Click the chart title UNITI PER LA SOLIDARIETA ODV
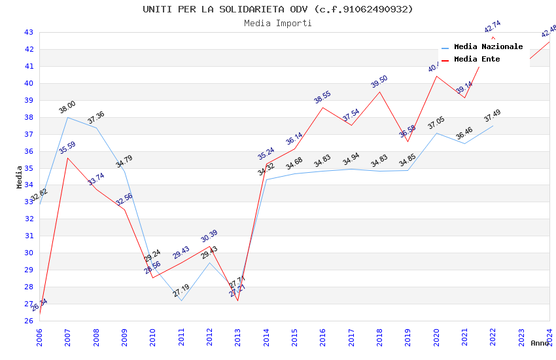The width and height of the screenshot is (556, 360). [x=278, y=9]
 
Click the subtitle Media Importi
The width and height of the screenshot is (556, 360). [x=278, y=24]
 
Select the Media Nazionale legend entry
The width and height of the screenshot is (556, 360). [x=488, y=47]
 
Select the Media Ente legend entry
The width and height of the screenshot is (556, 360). [x=476, y=60]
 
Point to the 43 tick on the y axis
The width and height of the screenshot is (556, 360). [x=29, y=32]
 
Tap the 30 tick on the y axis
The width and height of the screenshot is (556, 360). [x=29, y=253]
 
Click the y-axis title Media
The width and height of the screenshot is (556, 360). [x=20, y=177]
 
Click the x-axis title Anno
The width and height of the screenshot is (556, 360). [x=540, y=343]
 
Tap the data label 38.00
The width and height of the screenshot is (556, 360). [x=67, y=108]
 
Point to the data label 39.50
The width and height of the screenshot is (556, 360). [x=379, y=82]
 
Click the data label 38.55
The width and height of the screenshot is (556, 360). [x=322, y=98]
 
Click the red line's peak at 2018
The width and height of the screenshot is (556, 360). [x=379, y=92]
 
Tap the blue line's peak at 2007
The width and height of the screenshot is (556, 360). [x=67, y=117]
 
